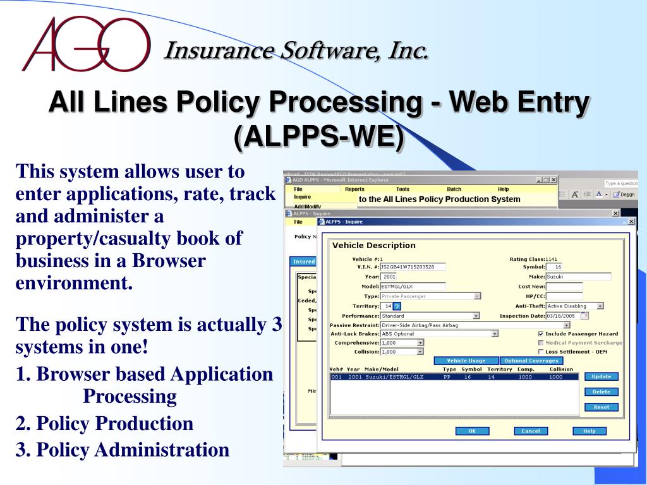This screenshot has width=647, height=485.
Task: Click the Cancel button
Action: coord(531,431)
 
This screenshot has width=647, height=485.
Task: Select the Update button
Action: coord(601,376)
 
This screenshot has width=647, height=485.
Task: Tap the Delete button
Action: coord(601,392)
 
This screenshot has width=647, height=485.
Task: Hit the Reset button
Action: coord(601,407)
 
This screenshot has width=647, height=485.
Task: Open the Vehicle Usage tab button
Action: coord(466,361)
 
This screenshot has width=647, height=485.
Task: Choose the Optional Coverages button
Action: coord(531,361)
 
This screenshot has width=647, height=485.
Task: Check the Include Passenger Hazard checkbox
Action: coord(541,334)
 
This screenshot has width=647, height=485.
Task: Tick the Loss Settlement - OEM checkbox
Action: coord(541,352)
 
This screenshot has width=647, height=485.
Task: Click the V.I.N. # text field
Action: coord(413,267)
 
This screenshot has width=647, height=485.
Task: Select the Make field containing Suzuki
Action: coord(578,277)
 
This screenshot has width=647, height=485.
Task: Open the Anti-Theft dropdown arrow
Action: coord(600,306)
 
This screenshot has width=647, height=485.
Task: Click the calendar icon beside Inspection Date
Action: coord(584,316)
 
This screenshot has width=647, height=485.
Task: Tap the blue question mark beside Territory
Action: coord(397,306)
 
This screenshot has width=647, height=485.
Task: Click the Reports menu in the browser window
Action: coord(354,189)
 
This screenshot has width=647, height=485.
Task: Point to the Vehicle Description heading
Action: coord(374,245)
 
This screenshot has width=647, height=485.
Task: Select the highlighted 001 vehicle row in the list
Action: coord(453,377)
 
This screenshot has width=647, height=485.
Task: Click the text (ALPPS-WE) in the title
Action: coord(318,137)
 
